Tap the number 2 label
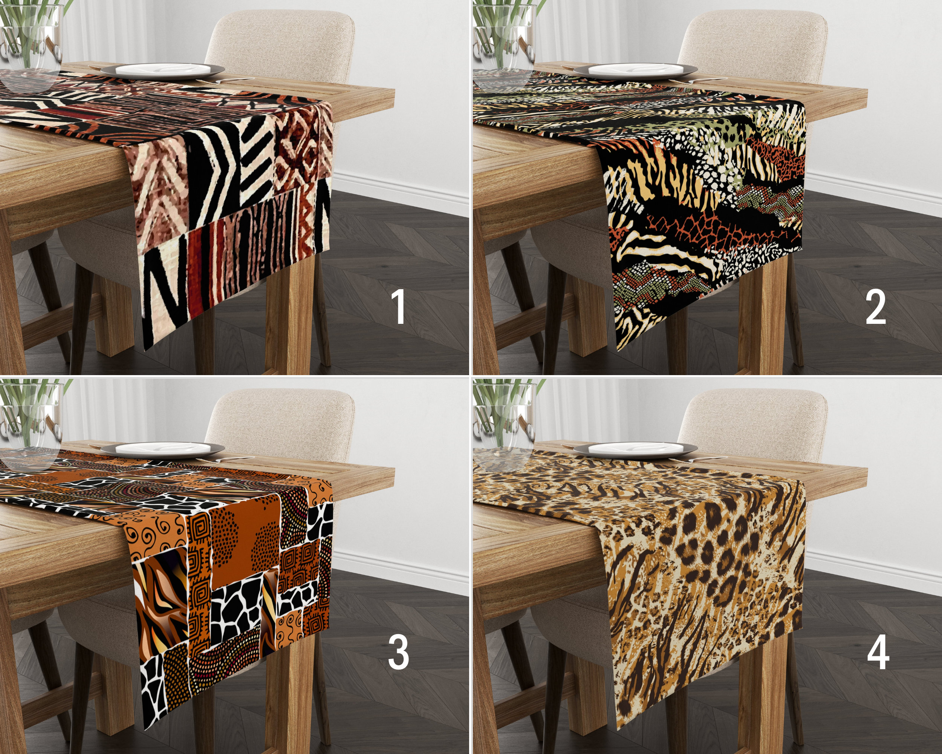[x=876, y=308]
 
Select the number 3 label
[x=399, y=652]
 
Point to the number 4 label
[x=878, y=652]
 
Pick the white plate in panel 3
[x=162, y=449]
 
